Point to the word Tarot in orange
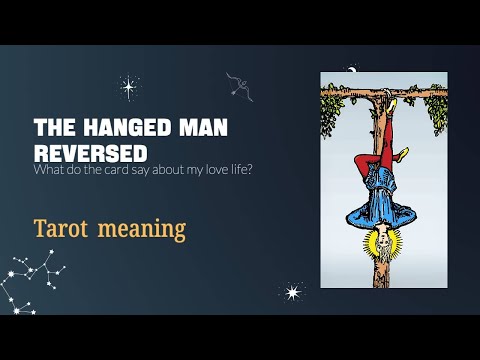tap(66, 228)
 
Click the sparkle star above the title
tap(128, 86)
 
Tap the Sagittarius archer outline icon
tap(238, 85)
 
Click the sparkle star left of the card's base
tap(292, 292)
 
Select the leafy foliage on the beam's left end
tap(333, 112)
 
